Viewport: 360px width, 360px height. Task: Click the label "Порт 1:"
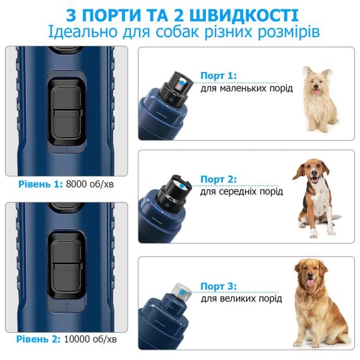[218, 76]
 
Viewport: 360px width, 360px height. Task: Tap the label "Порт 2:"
[218, 179]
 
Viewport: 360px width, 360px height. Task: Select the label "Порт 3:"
[218, 286]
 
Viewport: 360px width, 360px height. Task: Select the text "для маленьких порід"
[246, 88]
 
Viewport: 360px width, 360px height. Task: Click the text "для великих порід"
[241, 299]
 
